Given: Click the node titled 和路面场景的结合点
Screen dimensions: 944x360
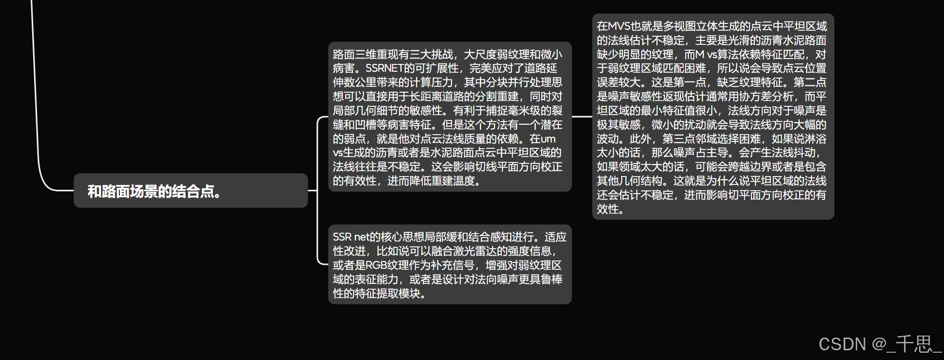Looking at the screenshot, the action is (x=154, y=191).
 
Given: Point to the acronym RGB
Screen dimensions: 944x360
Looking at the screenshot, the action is (x=376, y=265).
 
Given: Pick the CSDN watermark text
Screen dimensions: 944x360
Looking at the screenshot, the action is (x=842, y=344).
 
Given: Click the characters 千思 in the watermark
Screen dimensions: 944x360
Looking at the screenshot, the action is (x=913, y=344).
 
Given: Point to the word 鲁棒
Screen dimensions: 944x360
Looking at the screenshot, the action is (x=551, y=280).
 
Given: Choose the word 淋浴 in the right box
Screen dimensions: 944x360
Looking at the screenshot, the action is (x=815, y=139).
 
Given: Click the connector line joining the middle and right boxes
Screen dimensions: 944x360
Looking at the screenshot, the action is (x=582, y=117).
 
